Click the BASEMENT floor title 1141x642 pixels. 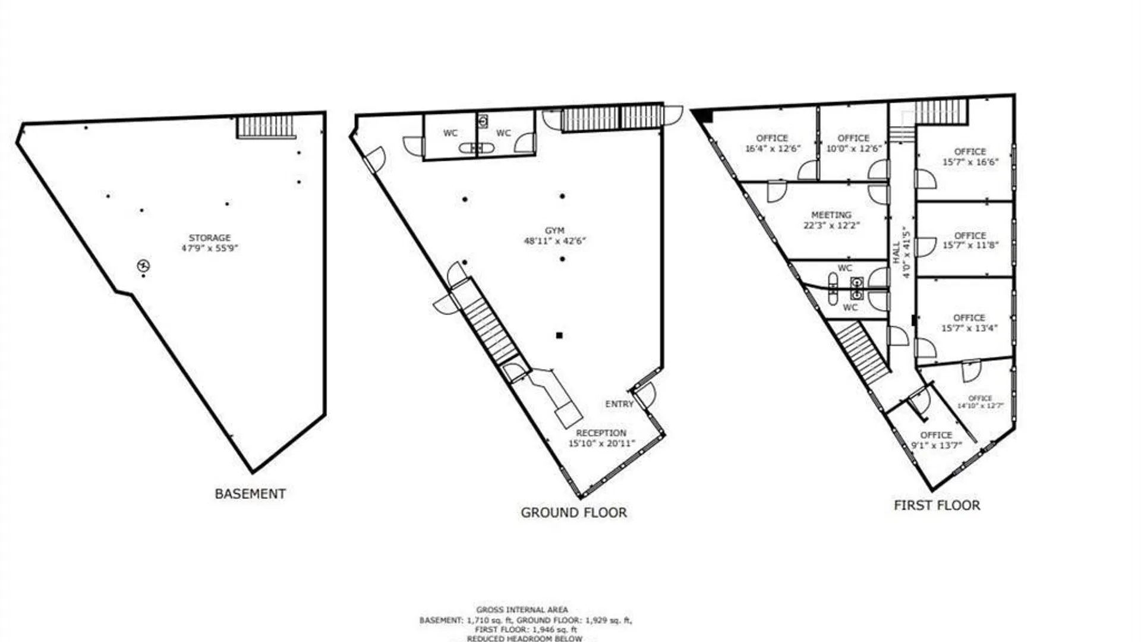(250, 494)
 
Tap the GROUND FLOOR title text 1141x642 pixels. (573, 512)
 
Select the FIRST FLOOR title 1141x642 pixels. (937, 505)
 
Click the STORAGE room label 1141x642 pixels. (209, 238)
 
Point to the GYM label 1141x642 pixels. (554, 231)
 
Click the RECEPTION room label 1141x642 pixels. (601, 433)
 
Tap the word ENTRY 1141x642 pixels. (619, 404)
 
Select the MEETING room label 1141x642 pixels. (831, 215)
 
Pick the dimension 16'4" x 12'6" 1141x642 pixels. (773, 149)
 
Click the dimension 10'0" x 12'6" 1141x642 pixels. (853, 149)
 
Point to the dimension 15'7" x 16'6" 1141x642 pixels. (970, 162)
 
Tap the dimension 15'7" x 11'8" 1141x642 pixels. (970, 245)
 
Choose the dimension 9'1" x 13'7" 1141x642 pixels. (935, 446)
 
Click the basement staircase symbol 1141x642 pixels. (266, 127)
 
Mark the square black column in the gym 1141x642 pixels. (559, 335)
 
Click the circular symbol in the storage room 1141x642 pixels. (143, 266)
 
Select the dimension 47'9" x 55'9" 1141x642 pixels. (209, 248)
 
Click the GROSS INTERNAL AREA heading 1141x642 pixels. (522, 609)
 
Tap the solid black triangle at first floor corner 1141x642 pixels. (704, 115)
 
